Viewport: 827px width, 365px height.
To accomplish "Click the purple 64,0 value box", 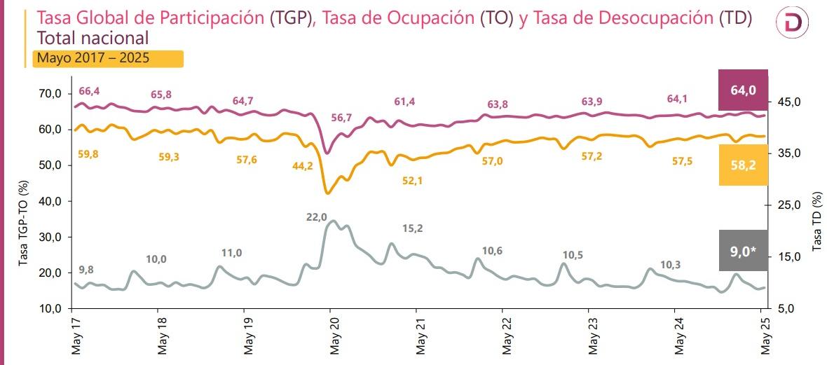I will [x=744, y=90].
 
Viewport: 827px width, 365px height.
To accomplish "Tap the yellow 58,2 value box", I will [x=744, y=165].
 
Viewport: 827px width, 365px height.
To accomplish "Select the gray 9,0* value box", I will [x=744, y=250].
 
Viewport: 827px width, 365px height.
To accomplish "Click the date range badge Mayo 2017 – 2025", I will [x=108, y=58].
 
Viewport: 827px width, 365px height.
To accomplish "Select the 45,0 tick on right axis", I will [x=789, y=102].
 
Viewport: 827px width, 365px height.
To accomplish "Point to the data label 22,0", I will [x=317, y=217].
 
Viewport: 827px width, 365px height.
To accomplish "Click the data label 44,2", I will [x=302, y=166].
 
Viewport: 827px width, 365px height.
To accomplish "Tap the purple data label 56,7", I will [x=341, y=117].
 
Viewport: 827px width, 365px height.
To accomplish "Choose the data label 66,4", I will [x=89, y=91].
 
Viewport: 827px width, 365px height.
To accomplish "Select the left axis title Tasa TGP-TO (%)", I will [x=24, y=223].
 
